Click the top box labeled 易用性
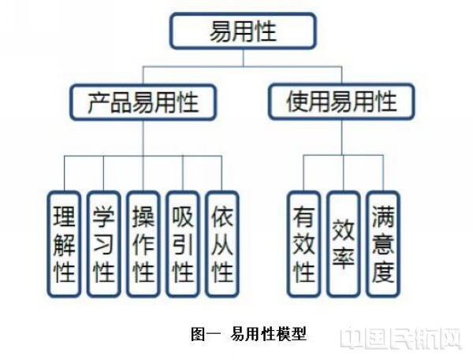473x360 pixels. (243, 32)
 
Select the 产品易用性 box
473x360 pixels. (143, 102)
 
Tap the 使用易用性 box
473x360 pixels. (341, 102)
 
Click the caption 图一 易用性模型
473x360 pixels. (248, 334)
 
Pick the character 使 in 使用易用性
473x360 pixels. (298, 102)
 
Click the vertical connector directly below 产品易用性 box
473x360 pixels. (143, 138)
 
